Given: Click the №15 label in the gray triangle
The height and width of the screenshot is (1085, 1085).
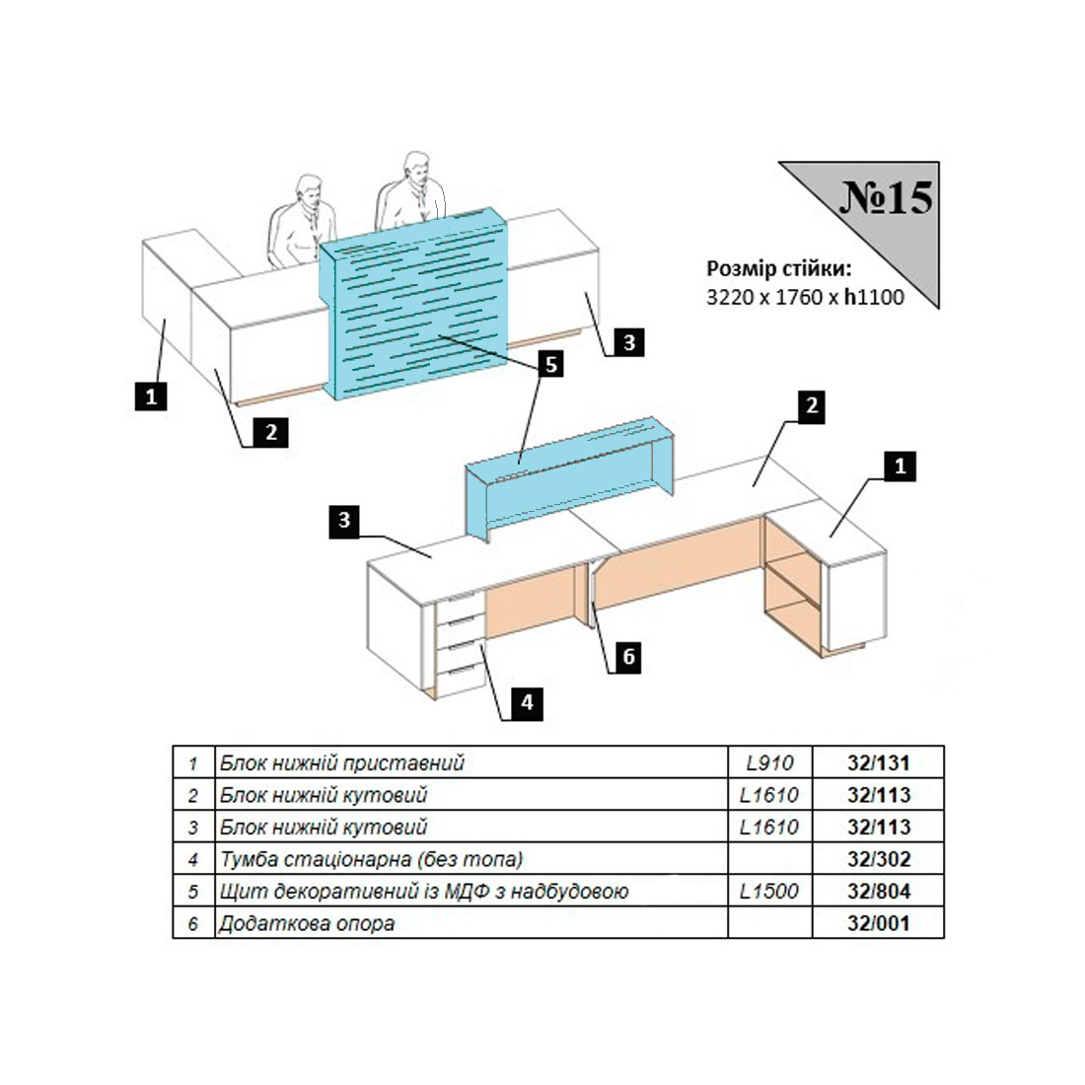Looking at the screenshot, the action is [887, 198].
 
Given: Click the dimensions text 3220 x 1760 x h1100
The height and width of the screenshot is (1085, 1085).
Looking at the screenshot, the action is [805, 297].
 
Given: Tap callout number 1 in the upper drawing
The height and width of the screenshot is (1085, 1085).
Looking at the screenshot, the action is [151, 397].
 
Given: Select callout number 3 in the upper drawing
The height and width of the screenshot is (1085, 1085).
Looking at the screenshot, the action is [629, 342].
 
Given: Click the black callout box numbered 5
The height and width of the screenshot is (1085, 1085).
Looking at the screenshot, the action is [550, 363].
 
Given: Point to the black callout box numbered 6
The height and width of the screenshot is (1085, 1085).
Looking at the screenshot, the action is [628, 656].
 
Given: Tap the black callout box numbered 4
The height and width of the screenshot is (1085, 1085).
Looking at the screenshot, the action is [527, 703].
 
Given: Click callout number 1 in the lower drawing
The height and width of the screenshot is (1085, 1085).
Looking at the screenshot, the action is [900, 466].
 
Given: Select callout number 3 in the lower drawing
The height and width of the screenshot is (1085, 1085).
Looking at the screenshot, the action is [344, 520].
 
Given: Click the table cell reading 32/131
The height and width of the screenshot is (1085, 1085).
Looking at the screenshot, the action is [878, 762].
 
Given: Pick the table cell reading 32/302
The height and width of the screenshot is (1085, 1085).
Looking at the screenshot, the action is [879, 859].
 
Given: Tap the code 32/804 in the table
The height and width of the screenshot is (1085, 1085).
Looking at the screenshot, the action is [879, 891].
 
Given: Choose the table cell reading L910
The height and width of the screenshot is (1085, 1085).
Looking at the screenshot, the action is [769, 762].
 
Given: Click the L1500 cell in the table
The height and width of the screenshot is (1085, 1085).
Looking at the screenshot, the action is [768, 891].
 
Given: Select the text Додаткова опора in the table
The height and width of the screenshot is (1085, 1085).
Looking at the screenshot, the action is [307, 923].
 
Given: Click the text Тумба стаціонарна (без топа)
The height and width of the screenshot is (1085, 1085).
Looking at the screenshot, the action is [371, 859].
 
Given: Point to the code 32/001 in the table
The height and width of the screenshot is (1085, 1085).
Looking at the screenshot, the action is [879, 923].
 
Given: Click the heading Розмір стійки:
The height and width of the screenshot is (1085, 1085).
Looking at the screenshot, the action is [778, 268].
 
